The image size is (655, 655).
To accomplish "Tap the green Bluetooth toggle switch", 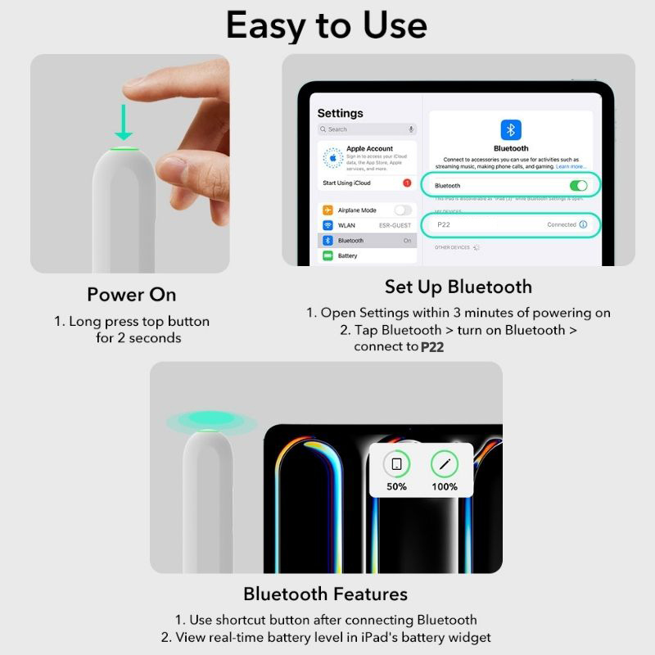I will point(578,186).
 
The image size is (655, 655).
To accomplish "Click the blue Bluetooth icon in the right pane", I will point(511,129).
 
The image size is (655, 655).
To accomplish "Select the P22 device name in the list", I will point(444,224).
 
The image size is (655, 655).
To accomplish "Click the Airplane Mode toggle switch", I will point(403,210).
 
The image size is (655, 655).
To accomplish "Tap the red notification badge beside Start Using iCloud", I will point(407,183).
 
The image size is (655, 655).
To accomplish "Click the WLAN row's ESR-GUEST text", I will point(396,225).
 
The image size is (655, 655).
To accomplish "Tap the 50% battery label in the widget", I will point(396,486).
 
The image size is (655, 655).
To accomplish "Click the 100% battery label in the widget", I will point(445,486).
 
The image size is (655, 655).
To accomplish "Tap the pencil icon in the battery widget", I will point(445,464).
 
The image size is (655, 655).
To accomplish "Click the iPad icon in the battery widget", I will point(396,464).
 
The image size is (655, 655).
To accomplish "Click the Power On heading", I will point(132,294).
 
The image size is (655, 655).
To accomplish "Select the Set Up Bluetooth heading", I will point(458,287).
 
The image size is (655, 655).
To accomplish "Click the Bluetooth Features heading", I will point(325,594).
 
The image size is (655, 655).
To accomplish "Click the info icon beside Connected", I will point(583,224).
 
